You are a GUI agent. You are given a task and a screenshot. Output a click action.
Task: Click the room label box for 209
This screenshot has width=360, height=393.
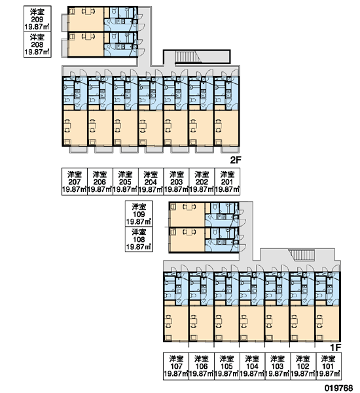(37, 19)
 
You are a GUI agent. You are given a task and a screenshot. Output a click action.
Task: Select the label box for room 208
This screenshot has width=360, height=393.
(37, 45)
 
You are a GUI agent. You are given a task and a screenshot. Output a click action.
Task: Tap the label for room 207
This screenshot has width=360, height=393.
(75, 181)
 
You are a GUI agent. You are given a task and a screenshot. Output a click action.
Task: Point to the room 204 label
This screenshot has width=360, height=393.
(151, 181)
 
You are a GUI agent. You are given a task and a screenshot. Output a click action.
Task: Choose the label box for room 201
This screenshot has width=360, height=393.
(227, 181)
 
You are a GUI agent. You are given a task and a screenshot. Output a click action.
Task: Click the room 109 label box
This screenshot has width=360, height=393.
(139, 214)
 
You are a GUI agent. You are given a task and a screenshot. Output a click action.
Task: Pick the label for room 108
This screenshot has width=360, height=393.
(139, 239)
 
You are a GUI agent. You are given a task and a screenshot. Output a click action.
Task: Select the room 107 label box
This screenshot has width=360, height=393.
(176, 366)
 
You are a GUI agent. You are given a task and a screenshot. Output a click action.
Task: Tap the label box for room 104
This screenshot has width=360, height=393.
(252, 366)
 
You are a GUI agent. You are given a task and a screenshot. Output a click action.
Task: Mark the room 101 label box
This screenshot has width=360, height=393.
(328, 366)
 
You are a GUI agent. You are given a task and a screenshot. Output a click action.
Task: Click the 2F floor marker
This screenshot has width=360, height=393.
(235, 160)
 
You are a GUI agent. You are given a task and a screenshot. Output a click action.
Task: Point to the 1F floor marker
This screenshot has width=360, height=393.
(335, 348)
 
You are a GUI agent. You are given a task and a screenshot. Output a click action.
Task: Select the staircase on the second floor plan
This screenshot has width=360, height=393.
(188, 56)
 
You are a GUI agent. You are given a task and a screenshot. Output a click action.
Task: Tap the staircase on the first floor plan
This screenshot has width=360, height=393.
(302, 255)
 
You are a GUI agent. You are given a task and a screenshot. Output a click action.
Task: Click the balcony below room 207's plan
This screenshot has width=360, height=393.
(78, 149)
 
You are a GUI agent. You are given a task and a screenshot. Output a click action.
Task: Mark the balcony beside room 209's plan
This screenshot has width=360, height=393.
(65, 22)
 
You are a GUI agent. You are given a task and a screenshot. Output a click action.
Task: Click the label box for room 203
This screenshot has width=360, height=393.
(176, 181)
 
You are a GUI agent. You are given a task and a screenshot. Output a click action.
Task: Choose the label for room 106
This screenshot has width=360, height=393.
(202, 366)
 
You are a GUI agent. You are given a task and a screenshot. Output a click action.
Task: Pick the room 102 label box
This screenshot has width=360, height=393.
(302, 366)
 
